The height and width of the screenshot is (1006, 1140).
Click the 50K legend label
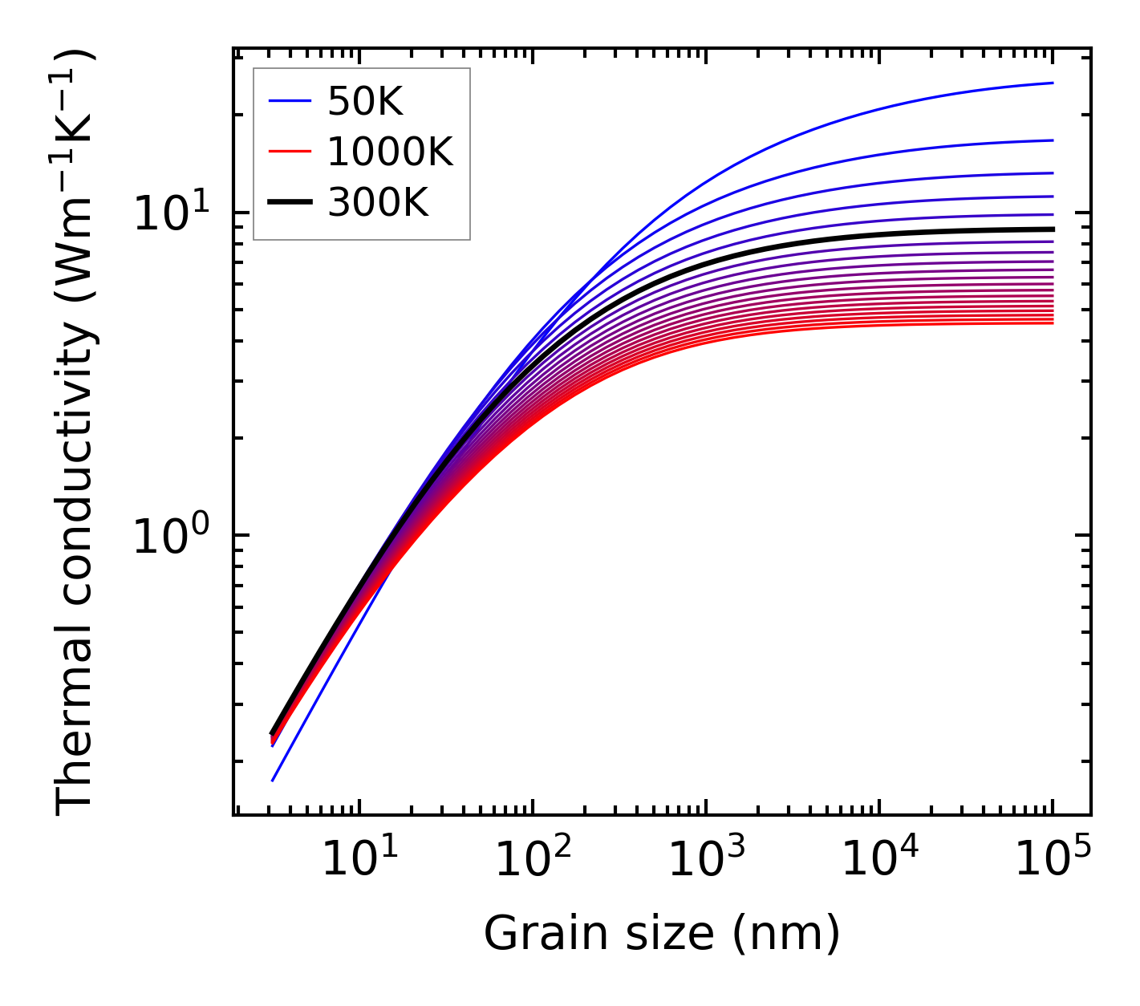(365, 102)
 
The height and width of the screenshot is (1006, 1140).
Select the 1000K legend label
(390, 152)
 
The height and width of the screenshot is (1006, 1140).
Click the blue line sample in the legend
(290, 101)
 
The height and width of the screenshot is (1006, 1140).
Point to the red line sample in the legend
(290, 152)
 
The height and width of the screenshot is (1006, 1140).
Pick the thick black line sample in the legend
(290, 203)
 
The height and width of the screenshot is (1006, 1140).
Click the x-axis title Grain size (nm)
(662, 934)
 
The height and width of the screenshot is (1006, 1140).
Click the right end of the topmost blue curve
(1052, 83)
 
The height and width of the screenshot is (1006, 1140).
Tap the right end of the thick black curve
(1052, 229)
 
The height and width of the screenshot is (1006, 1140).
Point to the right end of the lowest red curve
(1052, 323)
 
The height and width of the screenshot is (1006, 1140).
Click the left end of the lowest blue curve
(273, 781)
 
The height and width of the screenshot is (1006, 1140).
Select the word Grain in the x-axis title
(530, 934)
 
